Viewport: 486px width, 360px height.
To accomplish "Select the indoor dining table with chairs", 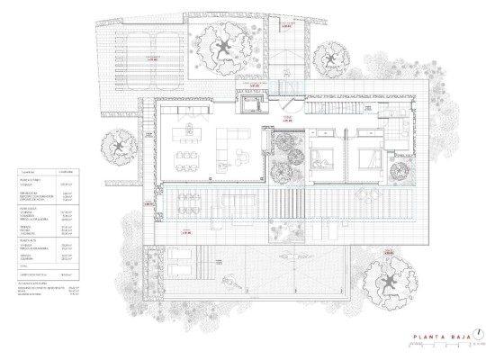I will [x=186, y=160].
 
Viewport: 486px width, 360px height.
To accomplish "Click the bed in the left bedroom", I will [x=321, y=157].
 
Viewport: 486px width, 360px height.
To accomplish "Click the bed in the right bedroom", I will [x=372, y=157].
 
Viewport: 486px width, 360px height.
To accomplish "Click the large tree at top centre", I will [x=220, y=46].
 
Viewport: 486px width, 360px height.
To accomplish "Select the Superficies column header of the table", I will [x=39, y=171].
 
